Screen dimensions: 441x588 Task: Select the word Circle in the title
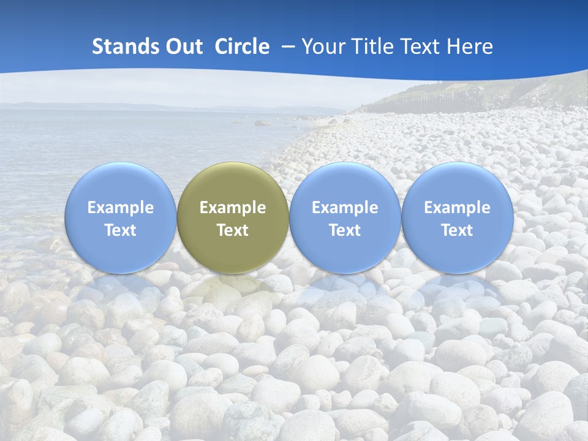coord(242,47)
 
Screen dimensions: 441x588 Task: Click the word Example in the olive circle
coord(233,208)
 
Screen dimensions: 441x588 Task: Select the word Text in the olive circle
coord(233,230)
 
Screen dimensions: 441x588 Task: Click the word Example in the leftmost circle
coord(121,208)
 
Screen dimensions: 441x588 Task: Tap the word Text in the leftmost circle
coord(121,230)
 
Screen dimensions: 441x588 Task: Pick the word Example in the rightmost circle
coord(458,208)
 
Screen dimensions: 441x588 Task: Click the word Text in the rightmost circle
coord(458,230)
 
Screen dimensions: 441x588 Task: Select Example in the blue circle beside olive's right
coord(345,208)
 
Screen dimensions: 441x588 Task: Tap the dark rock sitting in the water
coord(262,123)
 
